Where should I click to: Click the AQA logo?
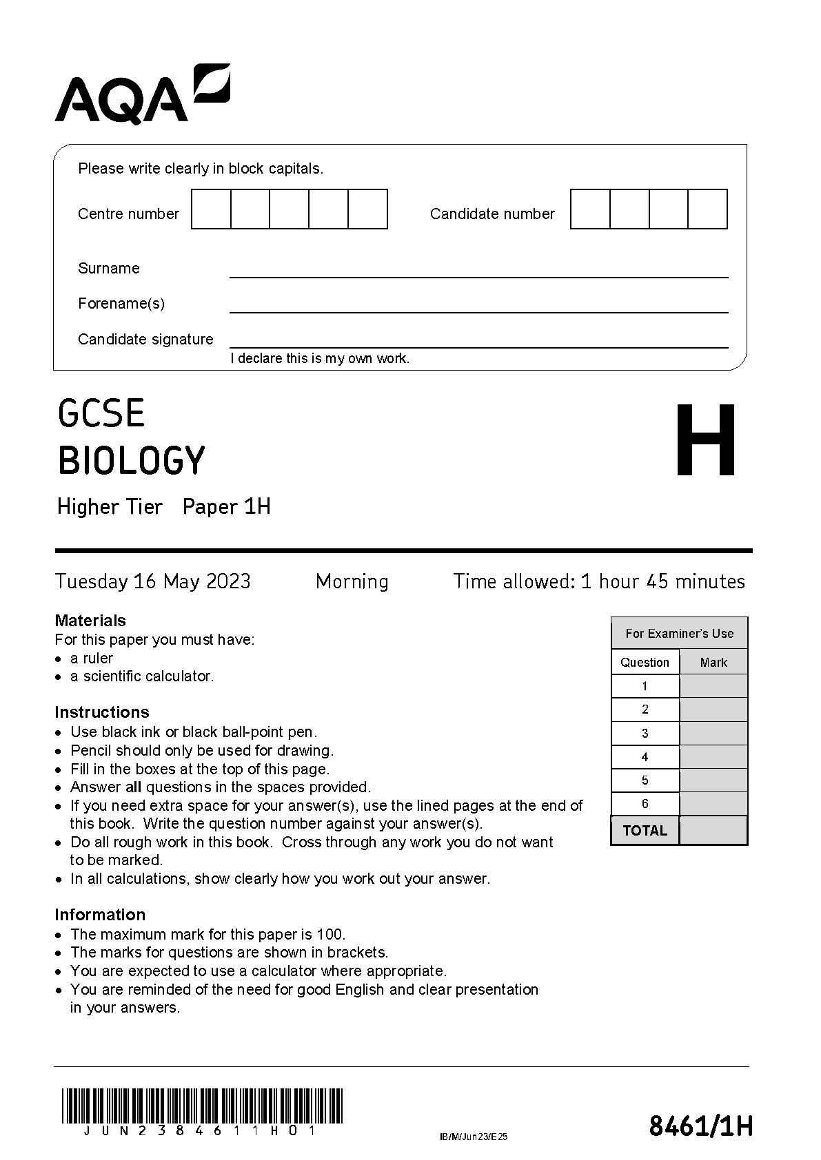pyautogui.click(x=141, y=95)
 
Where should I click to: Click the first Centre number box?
pyautogui.click(x=211, y=209)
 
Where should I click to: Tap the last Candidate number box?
pyautogui.click(x=707, y=209)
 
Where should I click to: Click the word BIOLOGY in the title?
pyautogui.click(x=132, y=461)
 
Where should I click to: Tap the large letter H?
pyautogui.click(x=705, y=441)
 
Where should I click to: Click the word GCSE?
pyautogui.click(x=101, y=413)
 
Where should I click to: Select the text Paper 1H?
pyautogui.click(x=226, y=507)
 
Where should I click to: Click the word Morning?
pyautogui.click(x=352, y=581)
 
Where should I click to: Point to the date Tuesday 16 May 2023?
pyautogui.click(x=152, y=581)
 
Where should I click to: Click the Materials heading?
pyautogui.click(x=90, y=621)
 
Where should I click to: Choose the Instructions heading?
pyautogui.click(x=102, y=712)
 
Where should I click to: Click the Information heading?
pyautogui.click(x=100, y=915)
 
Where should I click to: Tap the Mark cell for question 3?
pyautogui.click(x=713, y=734)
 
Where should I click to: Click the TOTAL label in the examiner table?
pyautogui.click(x=645, y=831)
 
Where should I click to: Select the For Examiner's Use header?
pyautogui.click(x=679, y=634)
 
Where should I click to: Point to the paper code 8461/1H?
pyautogui.click(x=700, y=1127)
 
